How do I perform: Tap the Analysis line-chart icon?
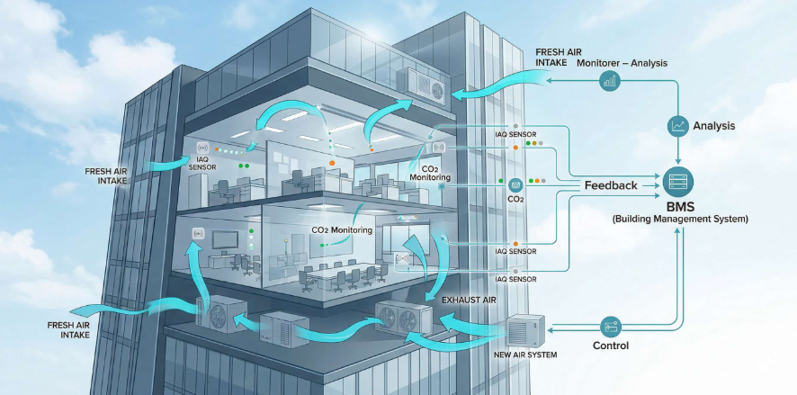tap(677, 127)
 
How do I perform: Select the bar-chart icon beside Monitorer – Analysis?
tap(610, 81)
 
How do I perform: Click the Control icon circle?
tap(611, 325)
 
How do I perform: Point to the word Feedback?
tap(611, 185)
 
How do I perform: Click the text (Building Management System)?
tap(679, 219)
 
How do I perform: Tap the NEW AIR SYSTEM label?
tap(526, 355)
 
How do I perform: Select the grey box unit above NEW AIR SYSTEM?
tap(527, 331)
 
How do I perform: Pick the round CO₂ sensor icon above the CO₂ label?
tap(515, 183)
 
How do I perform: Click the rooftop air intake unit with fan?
tap(421, 84)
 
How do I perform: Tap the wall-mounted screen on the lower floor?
tap(224, 240)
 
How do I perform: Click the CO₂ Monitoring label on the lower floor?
tap(342, 229)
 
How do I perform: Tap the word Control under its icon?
tap(611, 346)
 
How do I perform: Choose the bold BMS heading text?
tap(679, 205)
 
